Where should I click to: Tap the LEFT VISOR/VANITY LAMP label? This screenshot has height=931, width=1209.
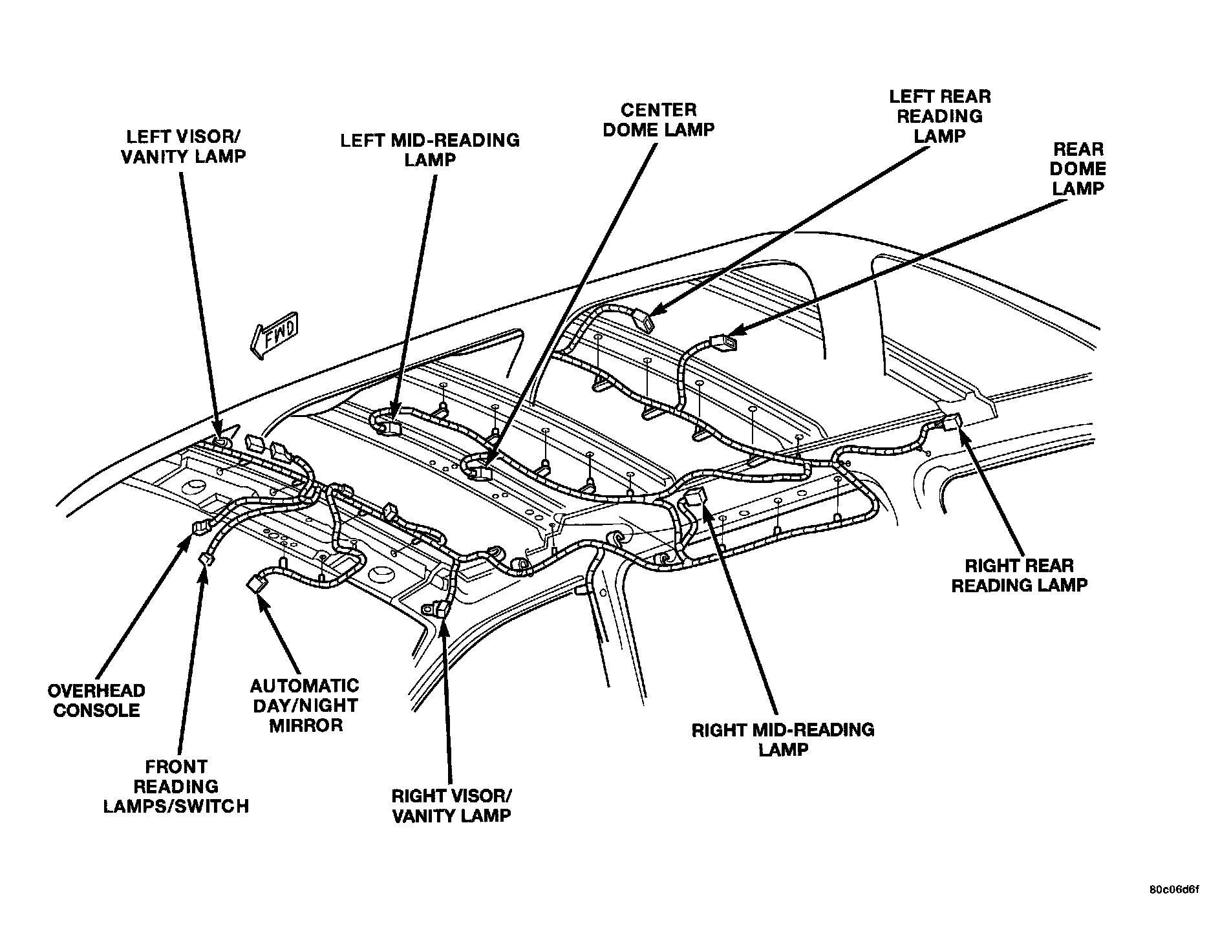(x=184, y=146)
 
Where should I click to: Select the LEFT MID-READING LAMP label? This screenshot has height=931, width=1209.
(x=430, y=149)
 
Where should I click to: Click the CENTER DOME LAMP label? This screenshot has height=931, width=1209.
(x=658, y=120)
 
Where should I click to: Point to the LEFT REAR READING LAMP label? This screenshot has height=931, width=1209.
(x=939, y=116)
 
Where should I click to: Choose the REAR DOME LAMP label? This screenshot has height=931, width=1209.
(x=1078, y=169)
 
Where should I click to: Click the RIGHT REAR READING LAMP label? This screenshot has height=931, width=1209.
(x=1020, y=575)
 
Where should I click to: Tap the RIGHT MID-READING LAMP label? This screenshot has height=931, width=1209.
(x=783, y=740)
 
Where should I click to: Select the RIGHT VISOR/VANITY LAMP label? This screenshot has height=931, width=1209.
(x=452, y=805)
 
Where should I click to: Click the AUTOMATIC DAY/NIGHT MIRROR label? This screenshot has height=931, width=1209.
(x=305, y=705)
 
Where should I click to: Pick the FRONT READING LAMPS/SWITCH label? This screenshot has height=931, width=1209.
(x=176, y=786)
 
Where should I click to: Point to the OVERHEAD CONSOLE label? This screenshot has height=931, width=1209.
(x=96, y=700)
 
